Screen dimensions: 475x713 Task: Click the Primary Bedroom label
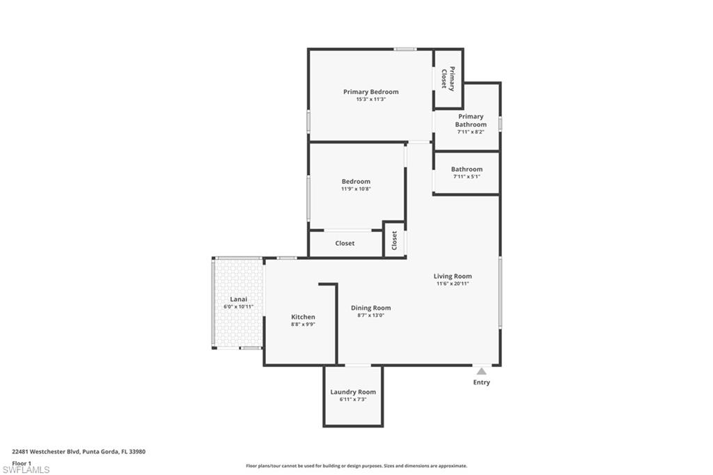pyautogui.click(x=370, y=92)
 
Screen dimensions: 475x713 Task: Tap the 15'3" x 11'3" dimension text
pyautogui.click(x=370, y=100)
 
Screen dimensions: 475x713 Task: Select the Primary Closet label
pyautogui.click(x=448, y=79)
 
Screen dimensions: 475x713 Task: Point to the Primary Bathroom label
pyautogui.click(x=471, y=120)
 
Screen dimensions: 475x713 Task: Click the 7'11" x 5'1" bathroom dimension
pyautogui.click(x=467, y=177)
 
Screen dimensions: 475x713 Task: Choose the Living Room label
pyautogui.click(x=453, y=276)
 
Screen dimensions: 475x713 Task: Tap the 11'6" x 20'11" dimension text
pyautogui.click(x=453, y=283)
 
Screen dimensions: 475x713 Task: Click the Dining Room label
pyautogui.click(x=370, y=308)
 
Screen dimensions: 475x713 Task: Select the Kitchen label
pyautogui.click(x=303, y=317)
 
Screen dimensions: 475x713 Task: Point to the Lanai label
pyautogui.click(x=239, y=299)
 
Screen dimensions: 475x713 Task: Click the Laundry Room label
pyautogui.click(x=353, y=392)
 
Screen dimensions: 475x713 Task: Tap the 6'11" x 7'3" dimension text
pyautogui.click(x=353, y=400)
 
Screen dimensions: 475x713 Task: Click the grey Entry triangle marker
pyautogui.click(x=481, y=371)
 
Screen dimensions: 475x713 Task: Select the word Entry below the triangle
pyautogui.click(x=481, y=382)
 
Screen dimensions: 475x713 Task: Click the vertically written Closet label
pyautogui.click(x=394, y=240)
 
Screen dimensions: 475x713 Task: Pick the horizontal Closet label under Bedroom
pyautogui.click(x=345, y=243)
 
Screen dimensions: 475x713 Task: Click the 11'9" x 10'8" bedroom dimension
pyautogui.click(x=356, y=189)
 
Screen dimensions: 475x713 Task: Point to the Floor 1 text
pyautogui.click(x=22, y=462)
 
